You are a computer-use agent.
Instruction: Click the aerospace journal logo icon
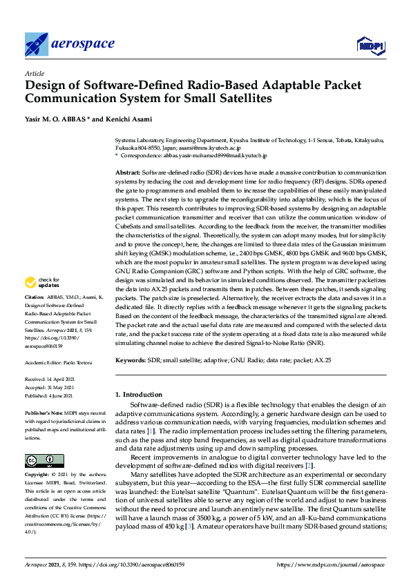pyautogui.click(x=36, y=45)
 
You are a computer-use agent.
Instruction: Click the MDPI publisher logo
pyautogui.click(x=370, y=46)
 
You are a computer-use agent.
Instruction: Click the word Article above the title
pyautogui.click(x=34, y=73)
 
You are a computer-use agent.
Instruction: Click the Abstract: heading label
pyautogui.click(x=128, y=172)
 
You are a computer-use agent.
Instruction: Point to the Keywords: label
pyautogui.click(x=130, y=360)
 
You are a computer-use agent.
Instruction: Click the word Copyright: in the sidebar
pyautogui.click(x=39, y=475)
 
